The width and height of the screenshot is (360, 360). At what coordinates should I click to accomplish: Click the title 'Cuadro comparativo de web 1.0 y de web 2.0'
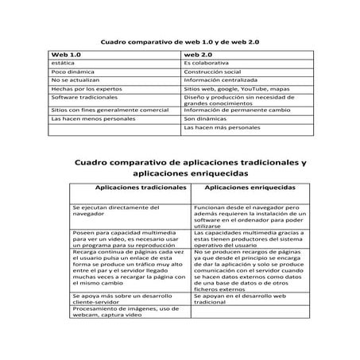point(179,40)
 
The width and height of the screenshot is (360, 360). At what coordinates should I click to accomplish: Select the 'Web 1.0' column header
point(67,53)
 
